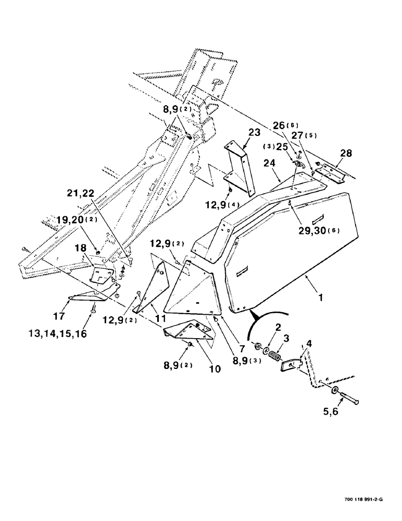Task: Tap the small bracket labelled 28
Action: (x=330, y=172)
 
